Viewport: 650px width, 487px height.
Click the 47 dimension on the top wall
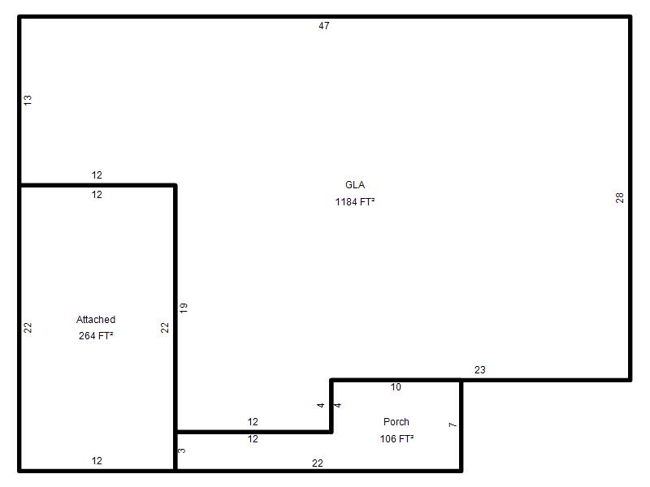(x=323, y=26)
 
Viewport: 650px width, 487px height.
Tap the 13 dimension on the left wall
(x=28, y=100)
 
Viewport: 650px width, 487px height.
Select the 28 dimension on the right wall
(x=619, y=197)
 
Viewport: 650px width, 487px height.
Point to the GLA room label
(x=355, y=185)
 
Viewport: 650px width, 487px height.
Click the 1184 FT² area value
(x=355, y=201)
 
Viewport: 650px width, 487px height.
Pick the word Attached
(x=96, y=319)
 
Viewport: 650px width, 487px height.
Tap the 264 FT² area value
(x=96, y=335)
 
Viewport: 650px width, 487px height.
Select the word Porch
(x=396, y=421)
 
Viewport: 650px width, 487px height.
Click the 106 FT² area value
(x=396, y=438)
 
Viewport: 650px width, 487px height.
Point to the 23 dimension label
(x=479, y=370)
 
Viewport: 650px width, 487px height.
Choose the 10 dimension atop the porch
(x=396, y=387)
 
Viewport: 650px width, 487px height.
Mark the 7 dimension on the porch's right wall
(x=453, y=425)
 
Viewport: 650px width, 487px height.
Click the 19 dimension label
(x=184, y=308)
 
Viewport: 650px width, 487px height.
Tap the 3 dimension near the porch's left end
(x=181, y=450)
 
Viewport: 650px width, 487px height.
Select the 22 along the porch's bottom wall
(x=317, y=463)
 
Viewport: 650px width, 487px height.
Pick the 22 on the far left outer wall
(x=28, y=328)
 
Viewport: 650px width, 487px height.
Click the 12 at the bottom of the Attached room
(x=97, y=460)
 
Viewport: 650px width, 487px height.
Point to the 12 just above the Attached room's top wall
(x=97, y=175)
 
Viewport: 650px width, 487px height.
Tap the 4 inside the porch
(x=337, y=405)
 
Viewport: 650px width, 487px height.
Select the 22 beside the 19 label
(x=165, y=328)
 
